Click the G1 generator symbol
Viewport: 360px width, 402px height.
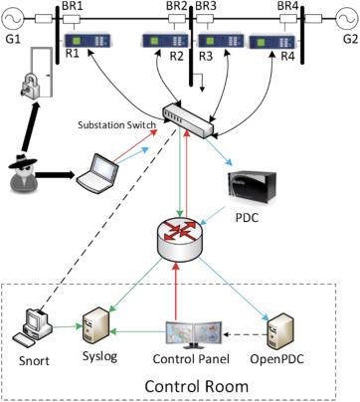13,19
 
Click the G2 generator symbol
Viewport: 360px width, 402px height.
346,19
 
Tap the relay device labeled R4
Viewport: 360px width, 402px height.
272,42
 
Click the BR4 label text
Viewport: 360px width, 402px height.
287,7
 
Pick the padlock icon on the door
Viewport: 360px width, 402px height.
30,86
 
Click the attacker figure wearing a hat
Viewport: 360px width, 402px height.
23,173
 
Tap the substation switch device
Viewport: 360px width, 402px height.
188,120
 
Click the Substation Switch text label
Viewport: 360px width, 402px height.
116,125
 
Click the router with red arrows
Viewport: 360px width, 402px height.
179,239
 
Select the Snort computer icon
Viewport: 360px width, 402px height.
33,327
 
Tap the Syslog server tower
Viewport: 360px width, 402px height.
95,325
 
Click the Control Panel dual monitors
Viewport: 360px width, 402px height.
194,334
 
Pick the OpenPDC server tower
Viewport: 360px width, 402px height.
281,330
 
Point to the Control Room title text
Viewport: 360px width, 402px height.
197,386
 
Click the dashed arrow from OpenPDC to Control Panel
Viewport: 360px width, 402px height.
246,335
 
